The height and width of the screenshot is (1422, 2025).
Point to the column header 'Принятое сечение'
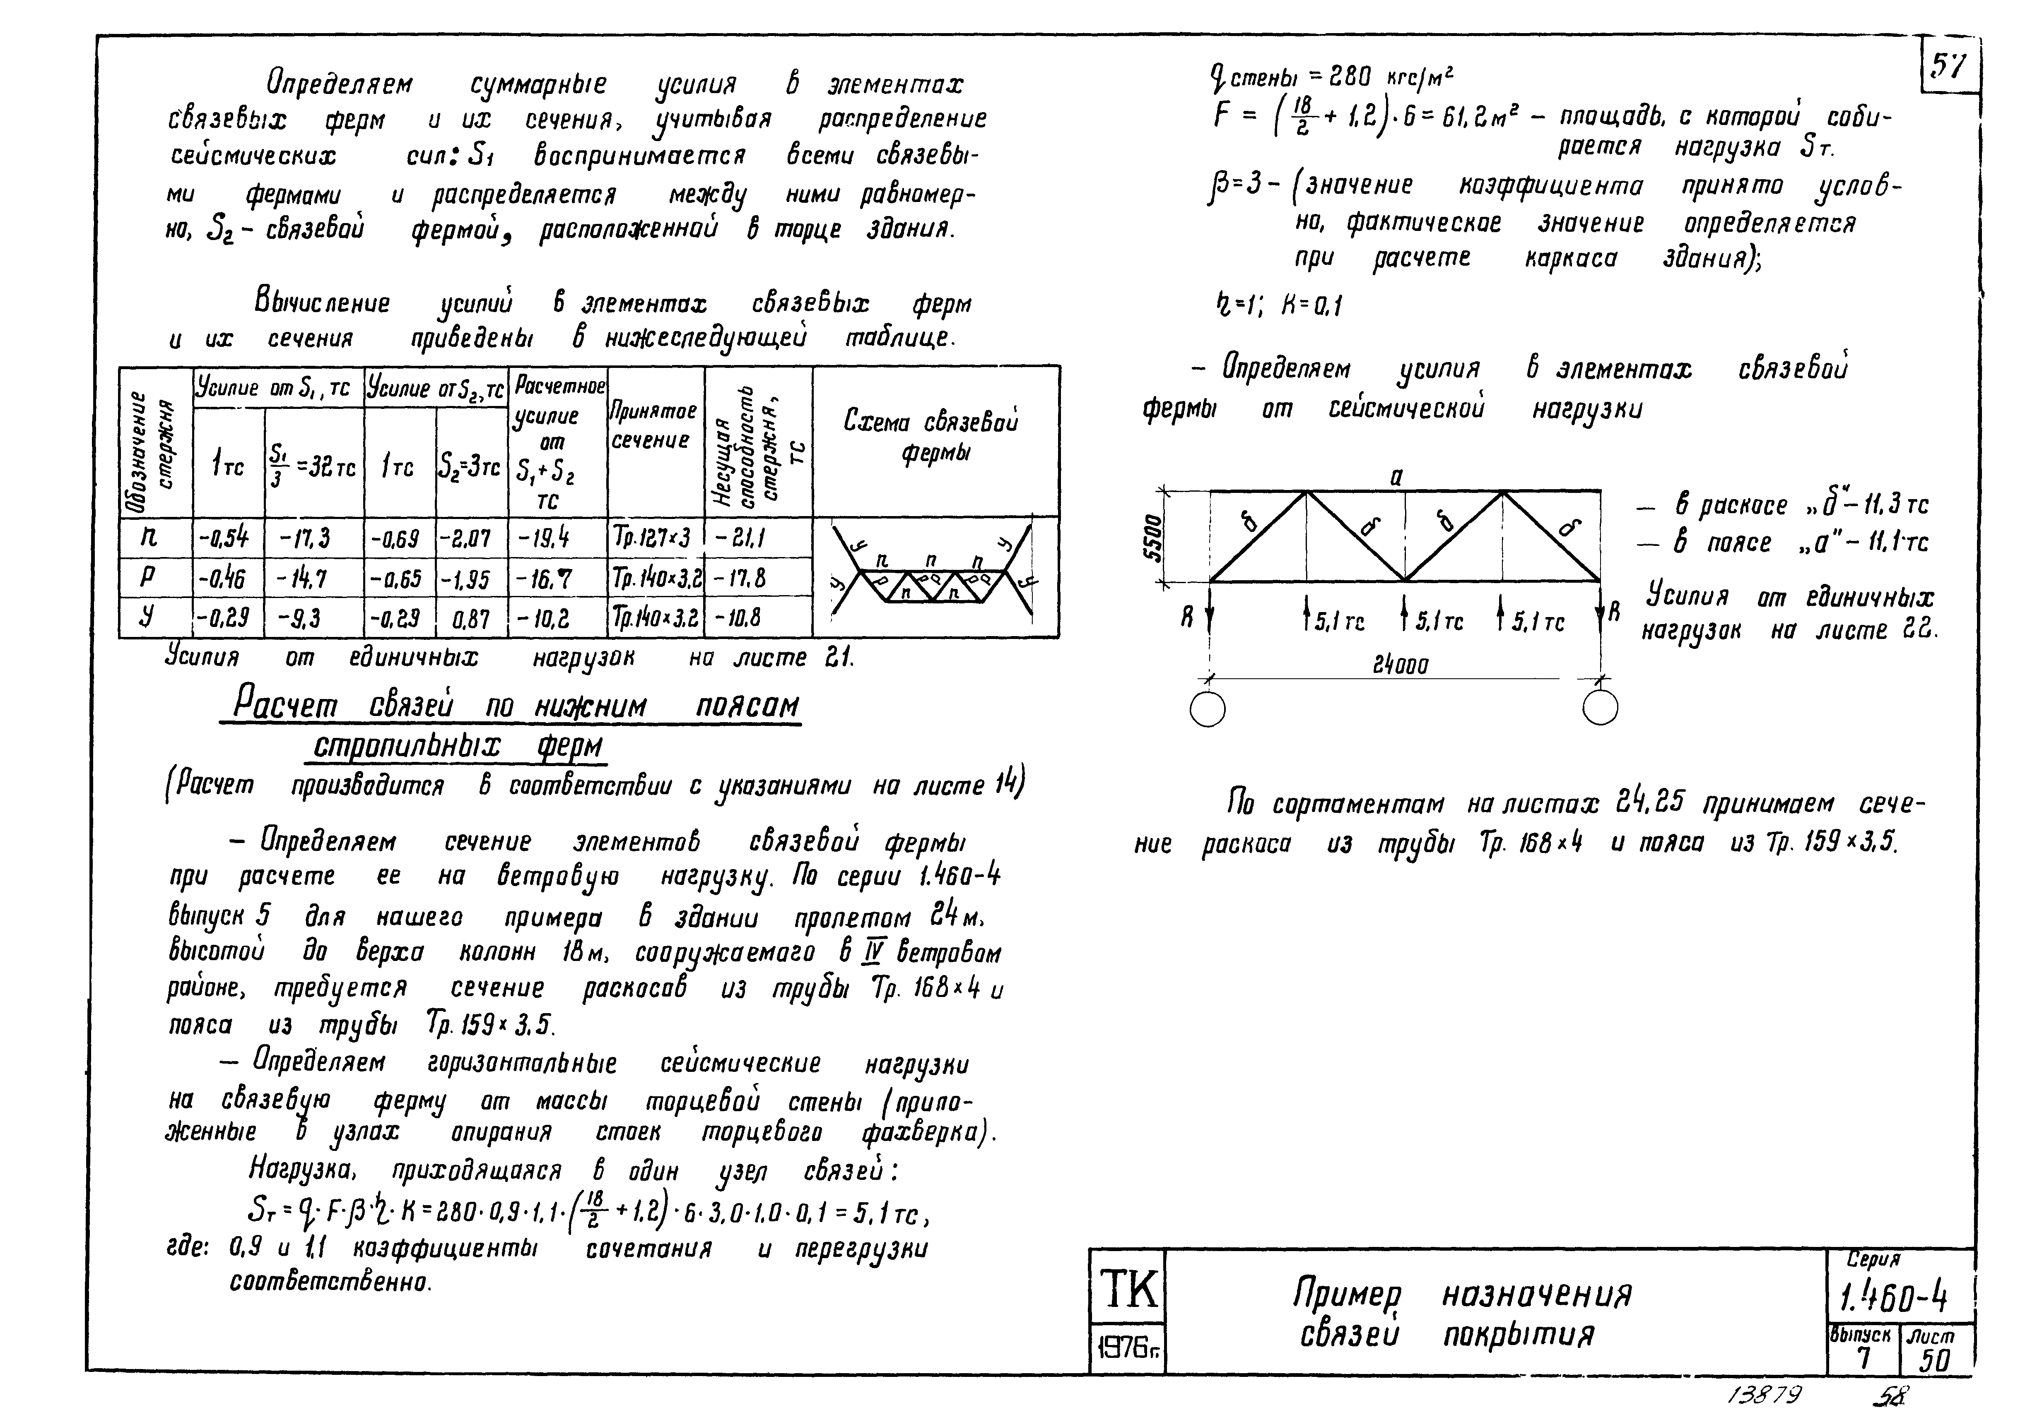click(654, 426)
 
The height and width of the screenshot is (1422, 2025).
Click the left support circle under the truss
click(1208, 708)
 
